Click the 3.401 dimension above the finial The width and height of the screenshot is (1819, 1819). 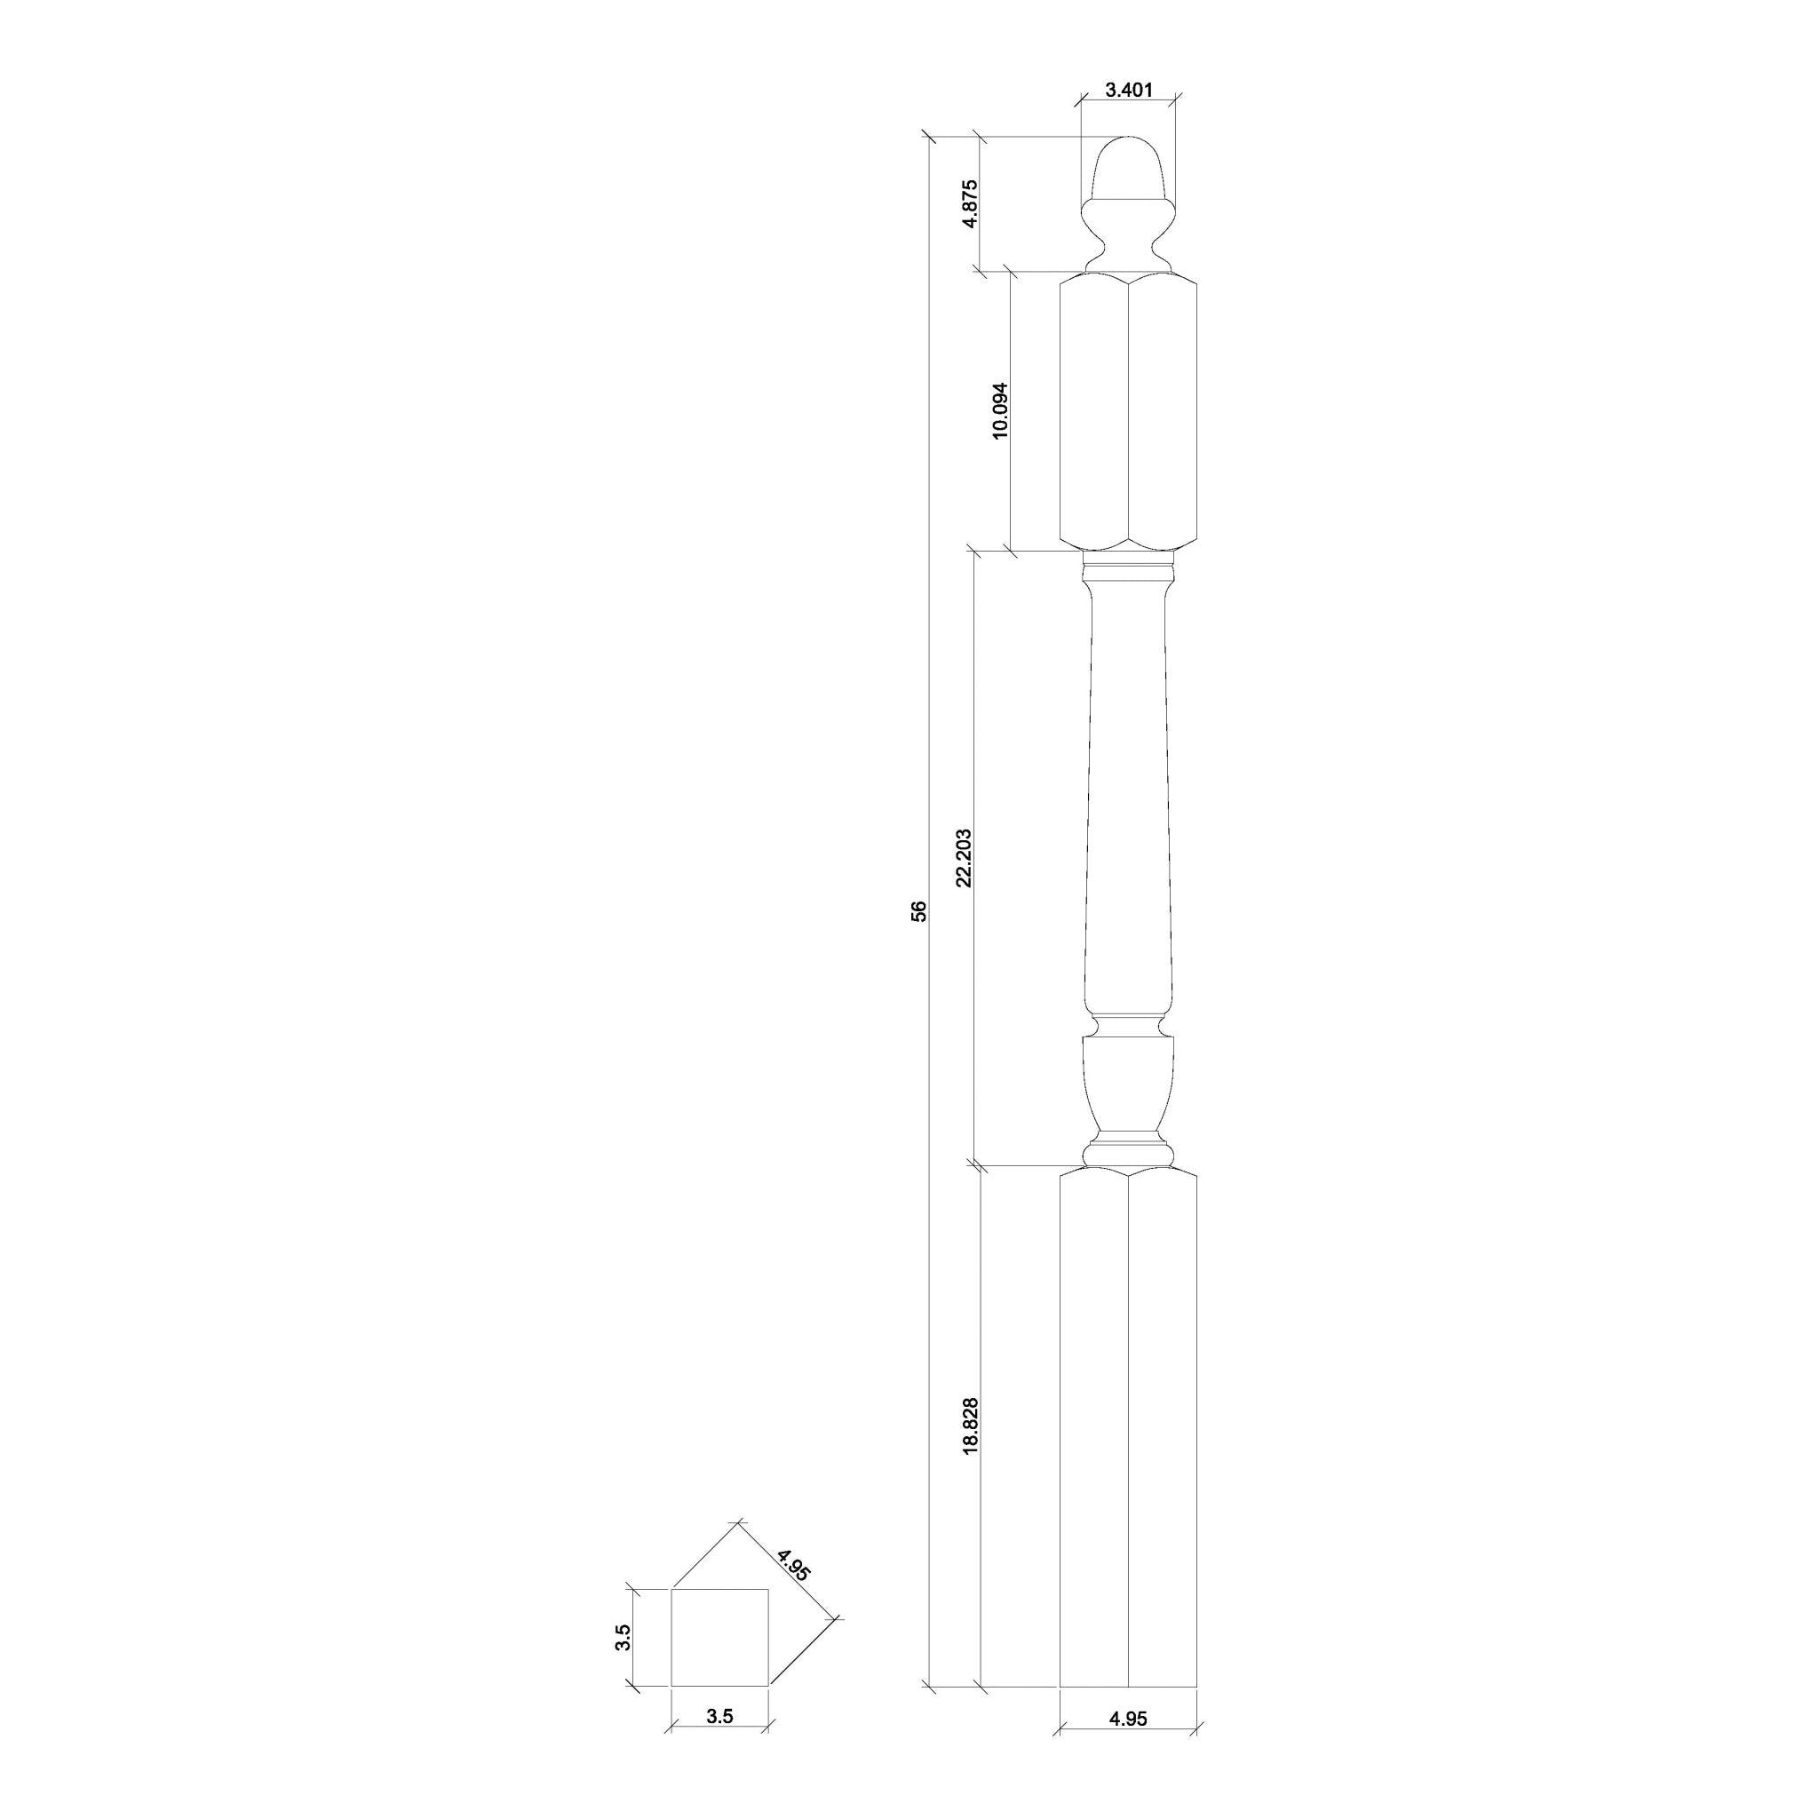(1128, 91)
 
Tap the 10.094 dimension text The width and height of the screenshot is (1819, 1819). (1001, 410)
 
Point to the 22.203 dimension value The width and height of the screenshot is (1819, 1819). (963, 859)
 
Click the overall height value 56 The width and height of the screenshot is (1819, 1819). (920, 911)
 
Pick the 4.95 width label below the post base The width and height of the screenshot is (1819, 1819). (1129, 1744)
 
